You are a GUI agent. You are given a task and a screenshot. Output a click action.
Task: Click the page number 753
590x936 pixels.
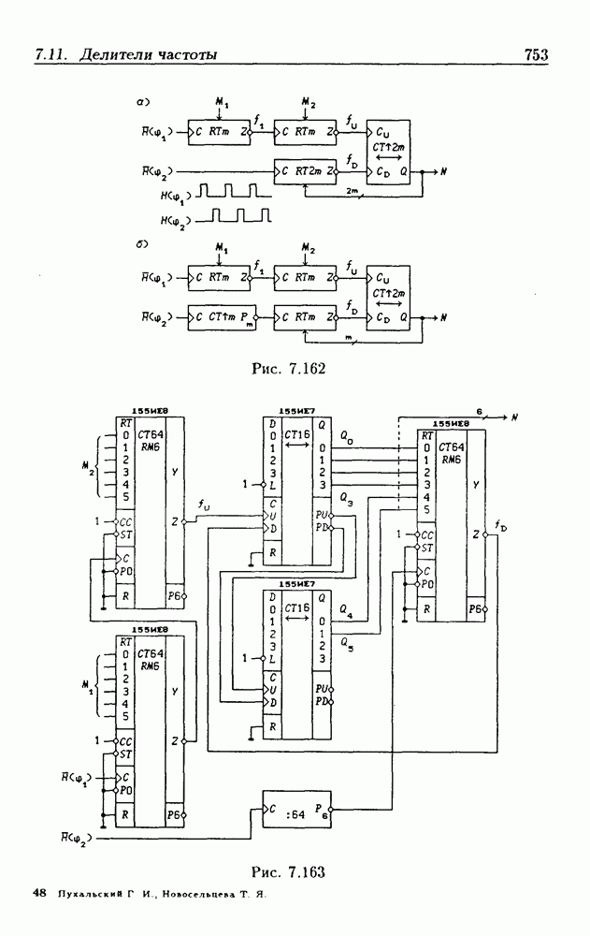tap(536, 55)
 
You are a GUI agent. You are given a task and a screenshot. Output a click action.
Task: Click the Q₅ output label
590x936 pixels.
tap(348, 643)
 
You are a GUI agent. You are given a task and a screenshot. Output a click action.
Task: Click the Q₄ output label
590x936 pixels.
tap(348, 614)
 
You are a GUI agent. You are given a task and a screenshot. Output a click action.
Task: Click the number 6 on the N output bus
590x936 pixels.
tap(479, 411)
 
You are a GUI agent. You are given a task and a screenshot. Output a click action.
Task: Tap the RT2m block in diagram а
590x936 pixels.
tap(305, 171)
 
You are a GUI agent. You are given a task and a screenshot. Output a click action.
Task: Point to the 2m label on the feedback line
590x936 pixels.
tap(353, 191)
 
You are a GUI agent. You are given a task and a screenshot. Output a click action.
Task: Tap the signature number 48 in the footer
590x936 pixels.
tap(39, 895)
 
